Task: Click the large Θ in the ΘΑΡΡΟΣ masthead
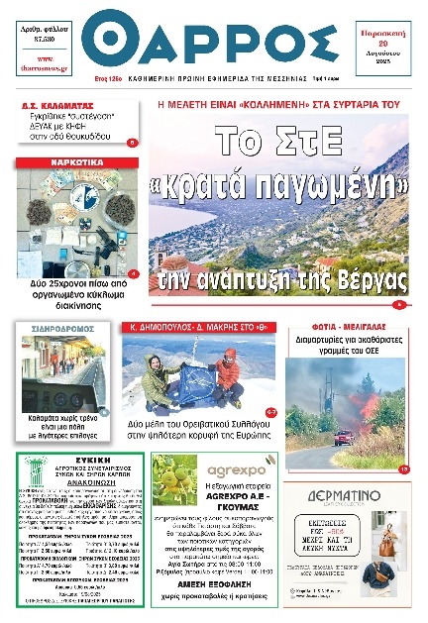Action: tap(108, 40)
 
